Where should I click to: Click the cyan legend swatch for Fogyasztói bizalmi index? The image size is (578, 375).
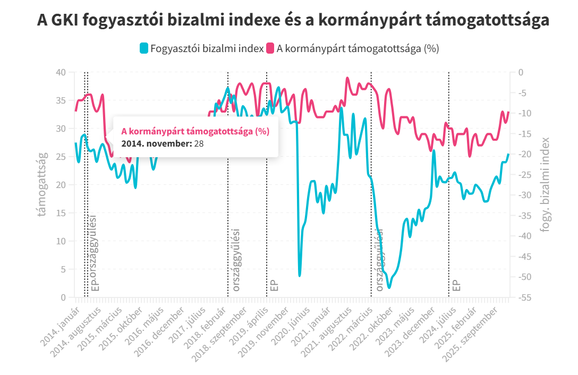coord(143,48)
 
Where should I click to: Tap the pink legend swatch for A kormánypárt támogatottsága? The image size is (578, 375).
coord(270,48)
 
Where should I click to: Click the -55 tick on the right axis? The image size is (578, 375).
coord(521,297)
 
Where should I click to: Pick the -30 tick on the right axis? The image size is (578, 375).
coord(521,195)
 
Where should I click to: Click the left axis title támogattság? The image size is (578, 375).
coord(41,184)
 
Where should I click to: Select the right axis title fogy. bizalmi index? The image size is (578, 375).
coord(543,184)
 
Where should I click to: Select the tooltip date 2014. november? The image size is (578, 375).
coord(156,143)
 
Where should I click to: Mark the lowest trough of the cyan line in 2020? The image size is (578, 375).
coord(300,276)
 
